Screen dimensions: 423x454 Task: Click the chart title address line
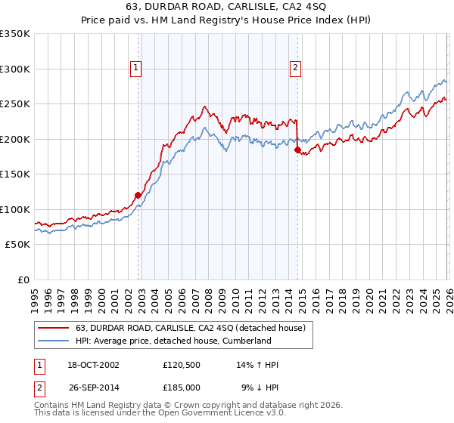coord(226,7)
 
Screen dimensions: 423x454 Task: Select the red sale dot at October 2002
coord(138,195)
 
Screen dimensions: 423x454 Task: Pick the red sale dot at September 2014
coord(297,150)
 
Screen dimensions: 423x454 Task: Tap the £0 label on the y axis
coord(22,279)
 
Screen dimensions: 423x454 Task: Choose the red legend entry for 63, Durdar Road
coord(190,328)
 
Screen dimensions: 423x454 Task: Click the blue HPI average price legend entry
coord(173,341)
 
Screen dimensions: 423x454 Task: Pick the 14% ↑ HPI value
coord(257,365)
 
